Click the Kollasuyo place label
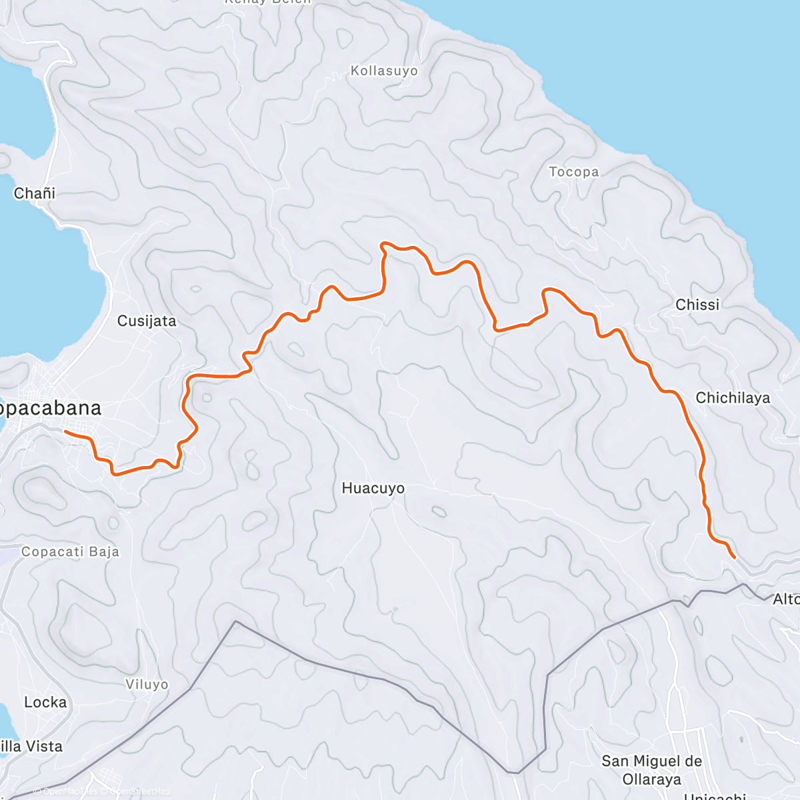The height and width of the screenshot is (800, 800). point(384,71)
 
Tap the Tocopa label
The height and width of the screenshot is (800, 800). point(573,172)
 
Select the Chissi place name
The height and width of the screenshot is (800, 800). point(697,305)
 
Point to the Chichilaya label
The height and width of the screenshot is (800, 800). point(732,398)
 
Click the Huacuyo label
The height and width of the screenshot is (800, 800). point(373,489)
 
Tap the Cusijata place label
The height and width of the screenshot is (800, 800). point(147,321)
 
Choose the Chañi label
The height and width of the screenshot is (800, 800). point(35,193)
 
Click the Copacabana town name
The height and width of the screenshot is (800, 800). point(50,408)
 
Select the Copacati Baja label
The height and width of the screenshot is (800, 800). point(70,552)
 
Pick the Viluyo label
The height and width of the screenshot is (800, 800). point(147,685)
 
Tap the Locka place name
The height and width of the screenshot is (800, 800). point(45,703)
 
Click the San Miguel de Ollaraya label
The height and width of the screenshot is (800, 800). point(651,770)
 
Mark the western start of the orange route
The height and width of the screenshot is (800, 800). point(65,432)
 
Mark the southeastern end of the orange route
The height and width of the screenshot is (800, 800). point(734,557)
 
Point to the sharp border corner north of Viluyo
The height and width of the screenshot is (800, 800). point(235,622)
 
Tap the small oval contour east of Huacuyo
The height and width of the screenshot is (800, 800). point(439,512)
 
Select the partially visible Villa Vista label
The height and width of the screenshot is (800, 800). point(31,747)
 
